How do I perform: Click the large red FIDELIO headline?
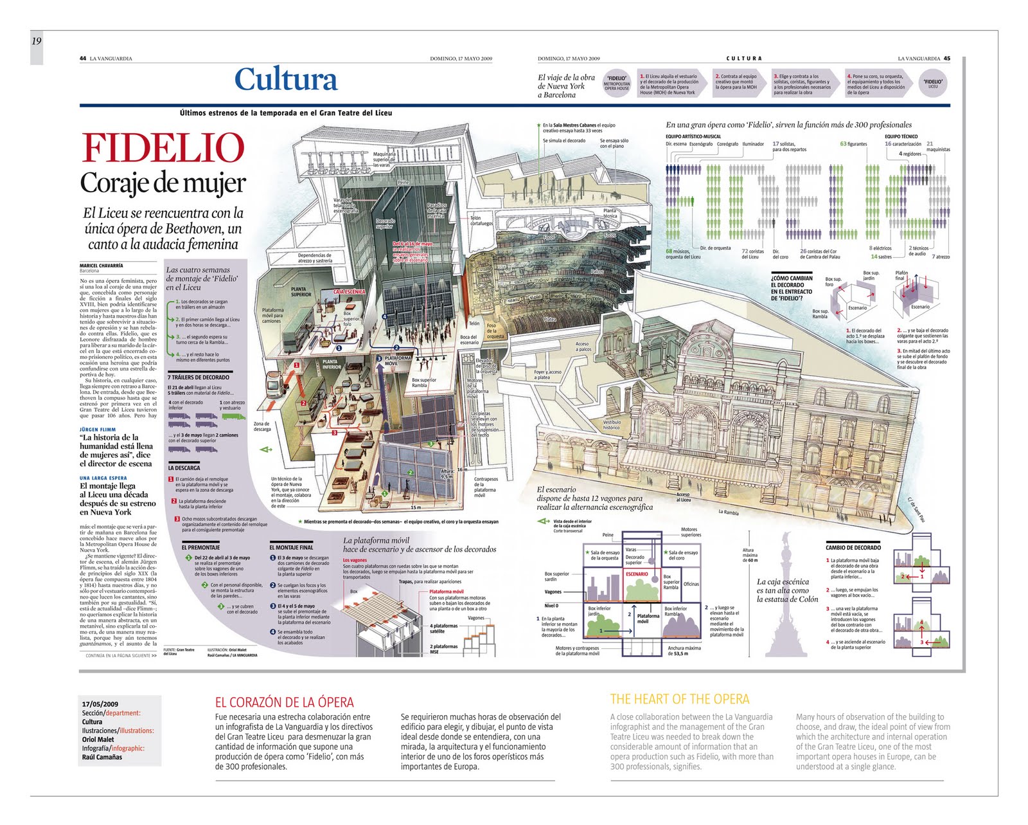click(163, 149)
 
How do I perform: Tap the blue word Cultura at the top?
click(286, 80)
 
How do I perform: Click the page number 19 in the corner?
click(36, 41)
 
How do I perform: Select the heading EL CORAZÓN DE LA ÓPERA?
click(284, 702)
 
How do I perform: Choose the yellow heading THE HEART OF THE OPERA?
click(680, 699)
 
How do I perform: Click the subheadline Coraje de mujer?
click(163, 183)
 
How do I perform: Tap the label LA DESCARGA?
click(184, 468)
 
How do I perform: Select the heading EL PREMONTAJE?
click(200, 548)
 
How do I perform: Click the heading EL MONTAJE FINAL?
click(291, 548)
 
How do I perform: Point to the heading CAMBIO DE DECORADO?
click(853, 548)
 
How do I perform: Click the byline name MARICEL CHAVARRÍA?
click(102, 266)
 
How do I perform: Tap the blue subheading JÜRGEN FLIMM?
click(98, 430)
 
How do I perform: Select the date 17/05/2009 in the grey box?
click(100, 704)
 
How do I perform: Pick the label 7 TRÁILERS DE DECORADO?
click(199, 377)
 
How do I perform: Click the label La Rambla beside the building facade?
click(729, 512)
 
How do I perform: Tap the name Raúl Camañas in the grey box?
click(102, 757)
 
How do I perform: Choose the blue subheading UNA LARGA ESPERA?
click(103, 478)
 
